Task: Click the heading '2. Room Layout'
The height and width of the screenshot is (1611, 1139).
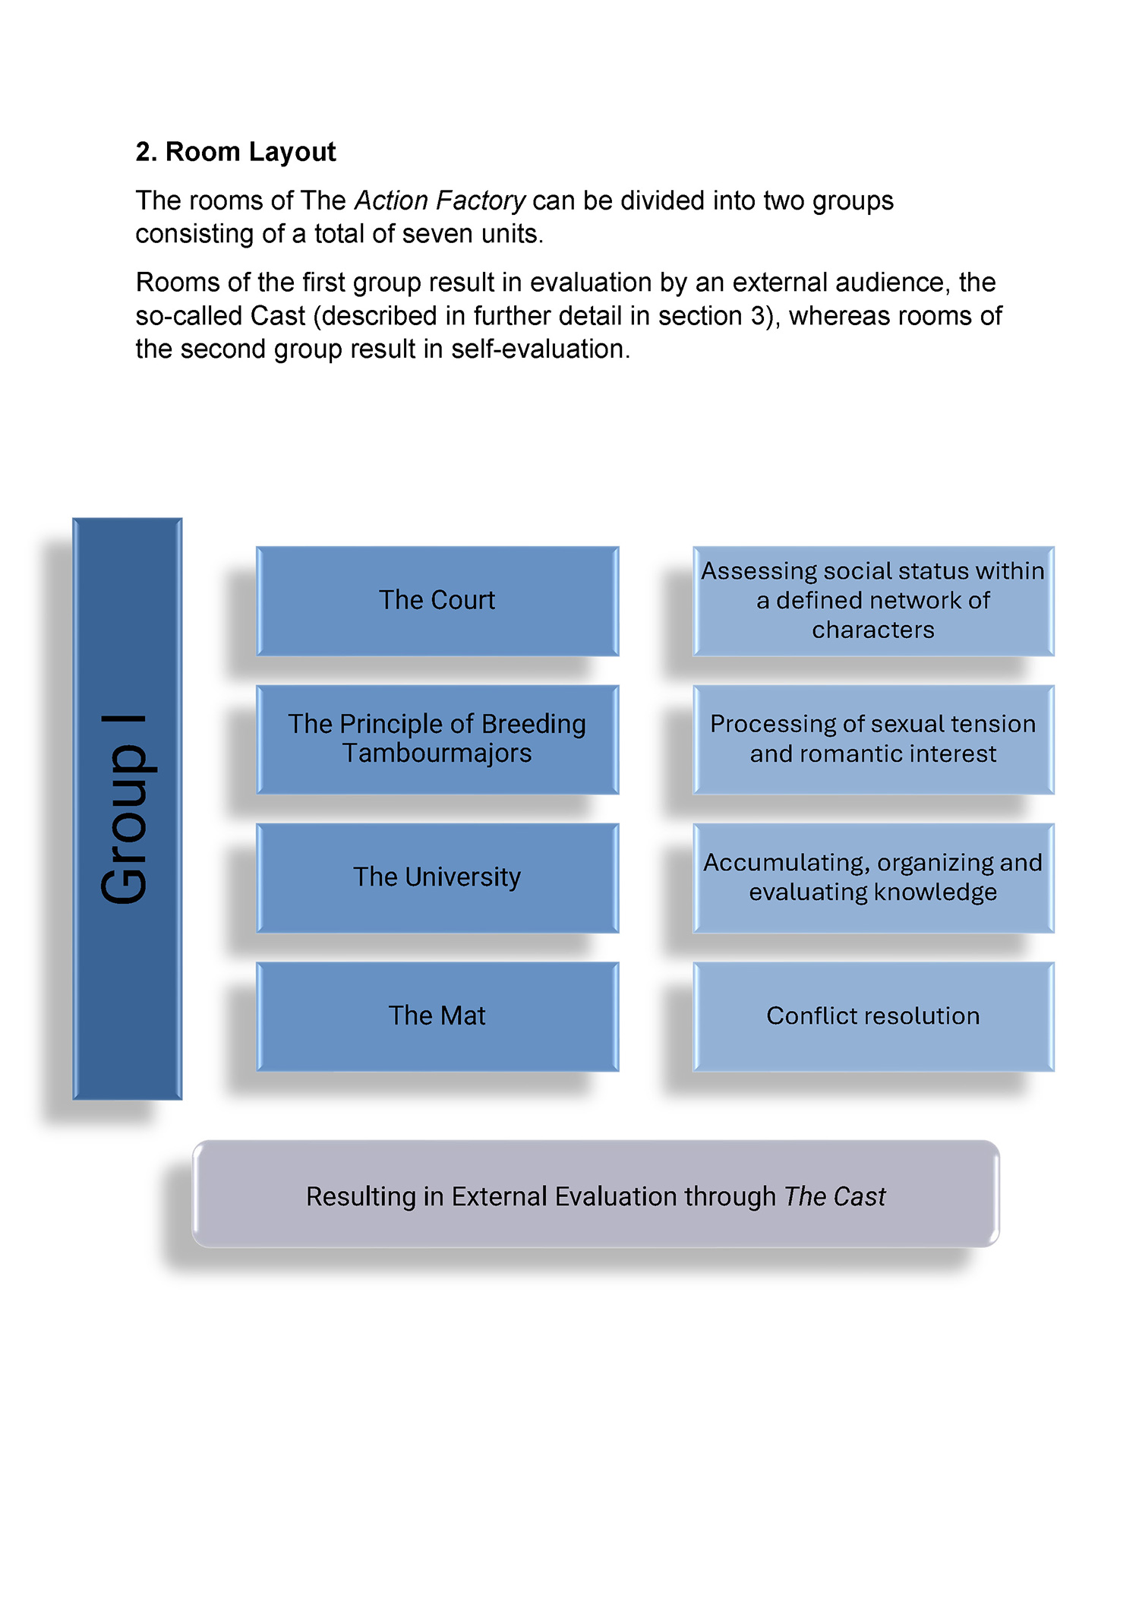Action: [x=235, y=152]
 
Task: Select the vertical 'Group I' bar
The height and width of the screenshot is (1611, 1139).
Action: [x=128, y=809]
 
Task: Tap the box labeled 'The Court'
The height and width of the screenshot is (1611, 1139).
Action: [x=437, y=601]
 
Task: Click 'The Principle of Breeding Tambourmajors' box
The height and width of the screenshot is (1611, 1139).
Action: [x=437, y=740]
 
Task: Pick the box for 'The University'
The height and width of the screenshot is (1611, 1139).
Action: [x=437, y=878]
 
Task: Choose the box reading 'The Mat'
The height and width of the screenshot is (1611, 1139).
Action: [x=437, y=1017]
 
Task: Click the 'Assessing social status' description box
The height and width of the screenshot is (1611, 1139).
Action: [x=873, y=601]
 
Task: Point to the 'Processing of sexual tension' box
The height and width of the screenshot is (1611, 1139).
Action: [x=873, y=740]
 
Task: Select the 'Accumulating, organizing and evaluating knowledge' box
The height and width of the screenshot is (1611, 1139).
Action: [x=873, y=878]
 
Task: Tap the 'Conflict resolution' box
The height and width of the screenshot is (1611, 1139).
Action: [x=873, y=1017]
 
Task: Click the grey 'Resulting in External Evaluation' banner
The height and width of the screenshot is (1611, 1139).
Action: [x=596, y=1194]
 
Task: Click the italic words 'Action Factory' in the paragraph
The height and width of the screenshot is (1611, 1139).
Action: [x=440, y=201]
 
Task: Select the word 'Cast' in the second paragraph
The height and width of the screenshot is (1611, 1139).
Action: [x=278, y=316]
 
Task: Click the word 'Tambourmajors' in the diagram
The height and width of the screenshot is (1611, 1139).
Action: [x=437, y=753]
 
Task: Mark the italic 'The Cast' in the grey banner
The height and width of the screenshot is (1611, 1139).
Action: [x=835, y=1197]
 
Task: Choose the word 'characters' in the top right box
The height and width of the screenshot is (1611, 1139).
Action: [x=873, y=630]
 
